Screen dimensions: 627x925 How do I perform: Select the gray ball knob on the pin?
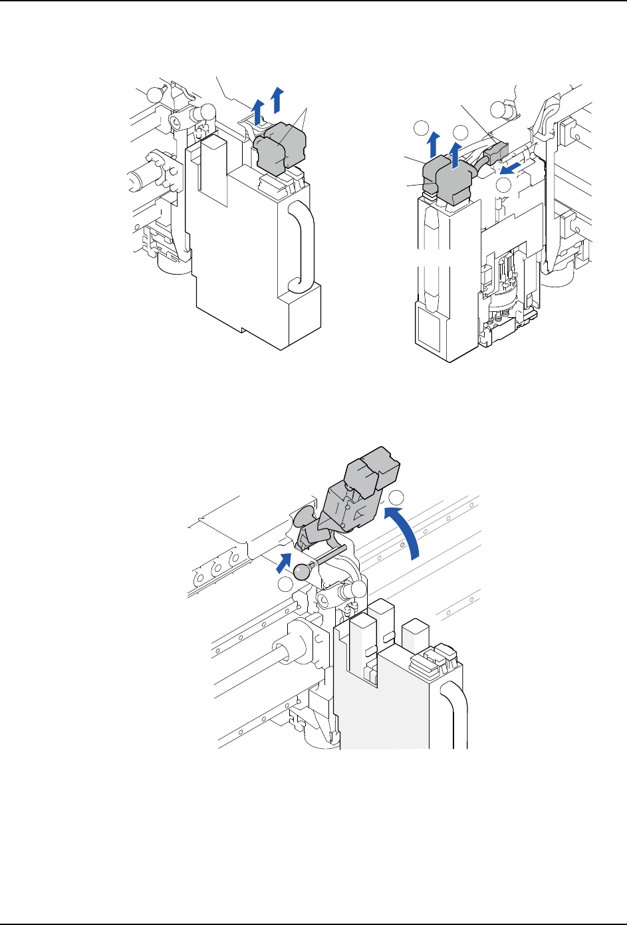[303, 571]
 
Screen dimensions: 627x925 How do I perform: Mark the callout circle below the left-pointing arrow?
[505, 186]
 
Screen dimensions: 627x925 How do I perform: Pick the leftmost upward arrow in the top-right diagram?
[432, 142]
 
